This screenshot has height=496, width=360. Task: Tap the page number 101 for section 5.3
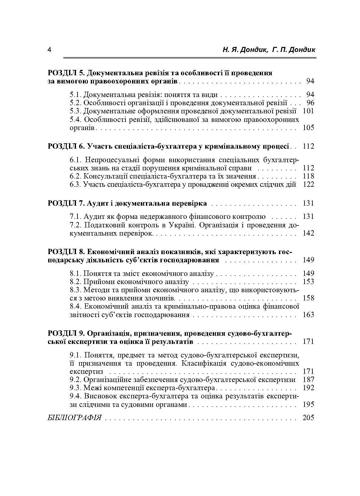click(308, 111)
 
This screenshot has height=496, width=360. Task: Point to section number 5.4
click(76, 119)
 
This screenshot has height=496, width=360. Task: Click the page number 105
click(308, 128)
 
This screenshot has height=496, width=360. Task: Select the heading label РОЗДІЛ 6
click(66, 146)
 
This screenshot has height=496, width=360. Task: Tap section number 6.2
click(76, 176)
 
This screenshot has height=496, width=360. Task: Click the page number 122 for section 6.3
click(308, 184)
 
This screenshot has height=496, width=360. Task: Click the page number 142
click(308, 233)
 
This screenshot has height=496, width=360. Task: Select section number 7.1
click(76, 216)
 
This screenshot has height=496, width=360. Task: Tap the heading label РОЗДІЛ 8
click(66, 252)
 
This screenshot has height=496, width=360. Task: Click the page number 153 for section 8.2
click(308, 282)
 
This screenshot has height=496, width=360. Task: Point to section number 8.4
click(76, 306)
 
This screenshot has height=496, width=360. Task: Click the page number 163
click(308, 315)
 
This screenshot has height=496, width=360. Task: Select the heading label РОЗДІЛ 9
click(66, 333)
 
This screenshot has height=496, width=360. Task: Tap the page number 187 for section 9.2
click(308, 379)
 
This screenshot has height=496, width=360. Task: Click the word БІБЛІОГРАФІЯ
click(75, 418)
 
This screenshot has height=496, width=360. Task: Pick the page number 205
click(308, 418)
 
